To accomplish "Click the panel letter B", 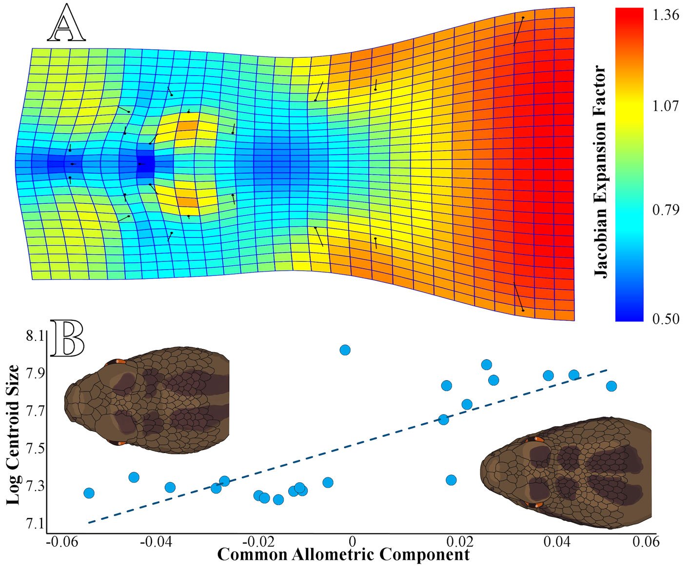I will [68, 337].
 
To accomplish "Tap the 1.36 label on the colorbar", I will [666, 16].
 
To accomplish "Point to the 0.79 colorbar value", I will [666, 210].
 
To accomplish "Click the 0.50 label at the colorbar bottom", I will [666, 319].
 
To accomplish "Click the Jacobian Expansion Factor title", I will [601, 171].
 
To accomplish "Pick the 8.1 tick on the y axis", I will [35, 336].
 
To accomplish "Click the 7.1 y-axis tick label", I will [35, 524].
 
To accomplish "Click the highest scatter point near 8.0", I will [345, 350].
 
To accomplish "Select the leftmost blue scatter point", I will [89, 493].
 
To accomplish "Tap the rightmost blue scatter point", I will [612, 386].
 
